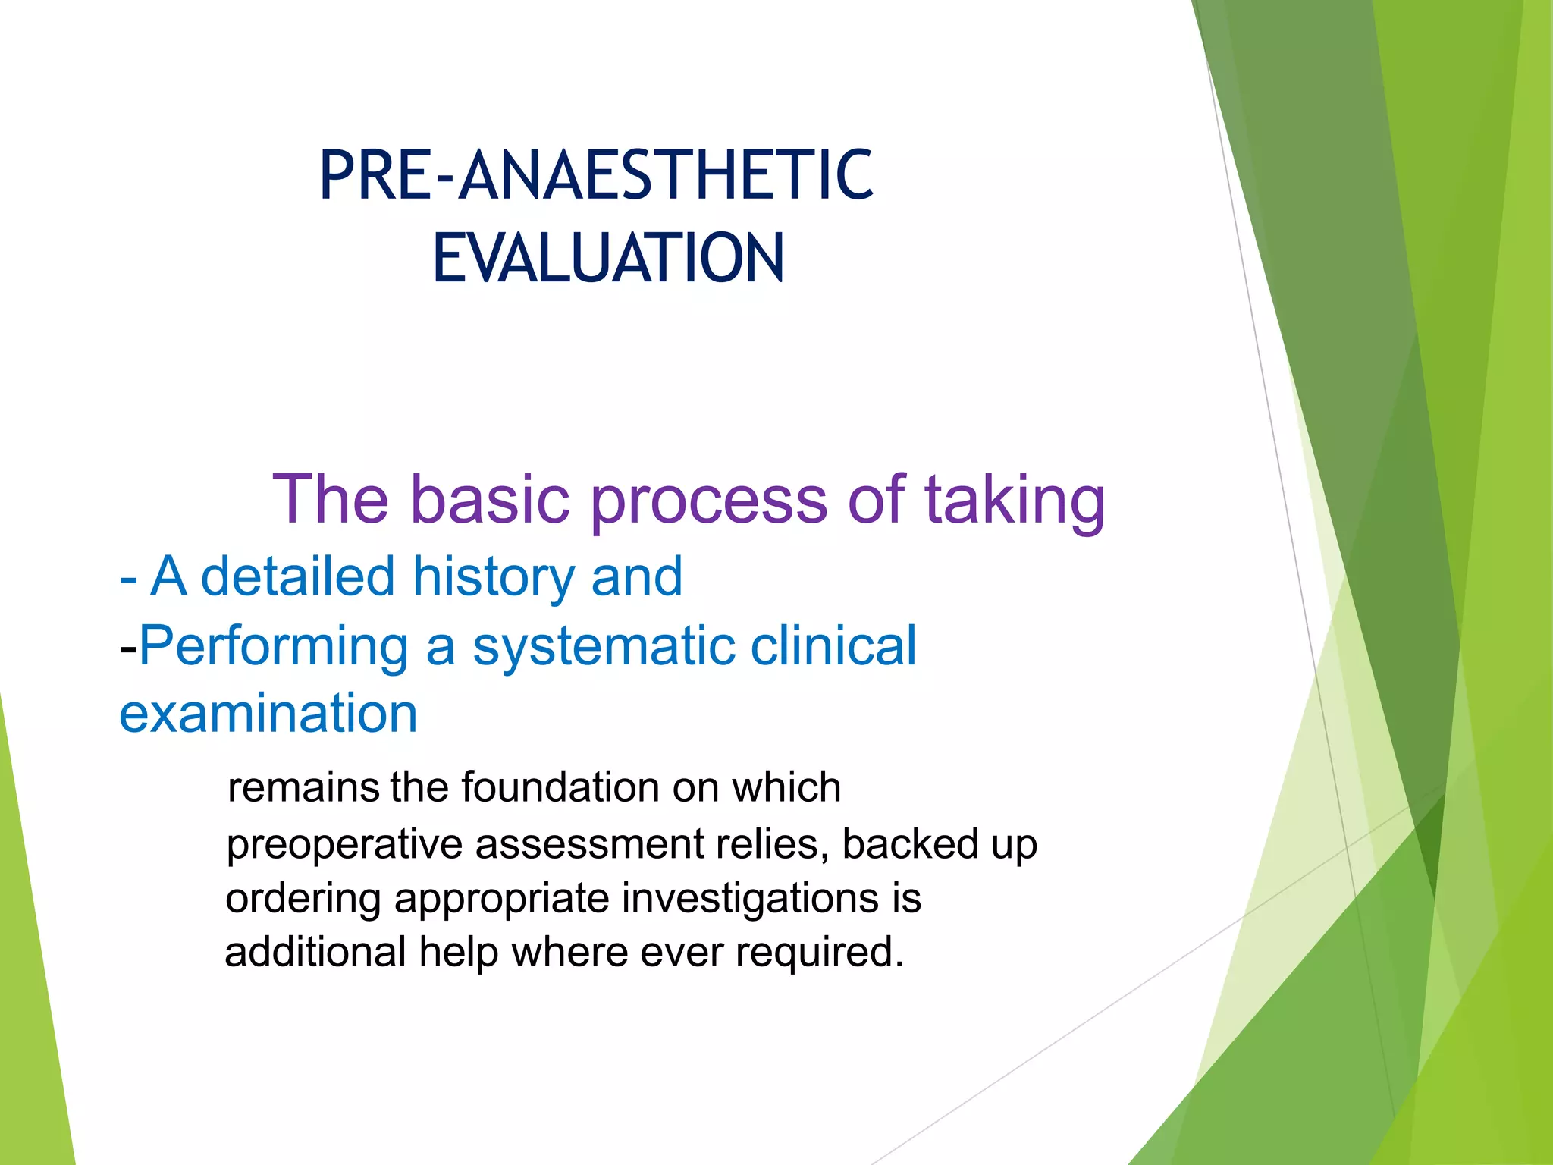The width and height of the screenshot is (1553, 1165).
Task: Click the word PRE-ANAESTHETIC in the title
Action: [x=596, y=176]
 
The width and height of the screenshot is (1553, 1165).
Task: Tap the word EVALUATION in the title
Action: [x=608, y=259]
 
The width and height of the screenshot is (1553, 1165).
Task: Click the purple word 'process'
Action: [x=708, y=502]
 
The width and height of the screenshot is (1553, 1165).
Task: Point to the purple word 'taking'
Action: [x=1014, y=502]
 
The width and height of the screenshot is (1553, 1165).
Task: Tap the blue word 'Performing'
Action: [x=274, y=647]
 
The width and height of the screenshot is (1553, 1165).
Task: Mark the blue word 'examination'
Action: [x=268, y=714]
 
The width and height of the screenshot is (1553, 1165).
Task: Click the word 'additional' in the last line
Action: [x=315, y=952]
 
